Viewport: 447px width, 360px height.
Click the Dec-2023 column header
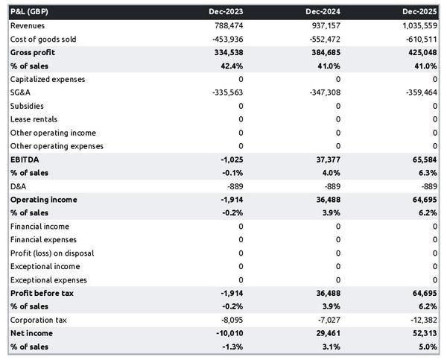(226, 12)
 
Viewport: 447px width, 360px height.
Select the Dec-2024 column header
(324, 12)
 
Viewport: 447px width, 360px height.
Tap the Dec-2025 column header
(421, 12)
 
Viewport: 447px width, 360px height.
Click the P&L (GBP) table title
(30, 12)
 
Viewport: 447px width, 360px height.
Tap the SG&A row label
(21, 92)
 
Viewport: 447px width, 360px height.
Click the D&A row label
(19, 186)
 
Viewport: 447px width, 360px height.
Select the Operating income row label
(43, 200)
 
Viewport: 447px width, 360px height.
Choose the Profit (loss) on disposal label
(52, 253)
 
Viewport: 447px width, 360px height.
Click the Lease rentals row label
(34, 119)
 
